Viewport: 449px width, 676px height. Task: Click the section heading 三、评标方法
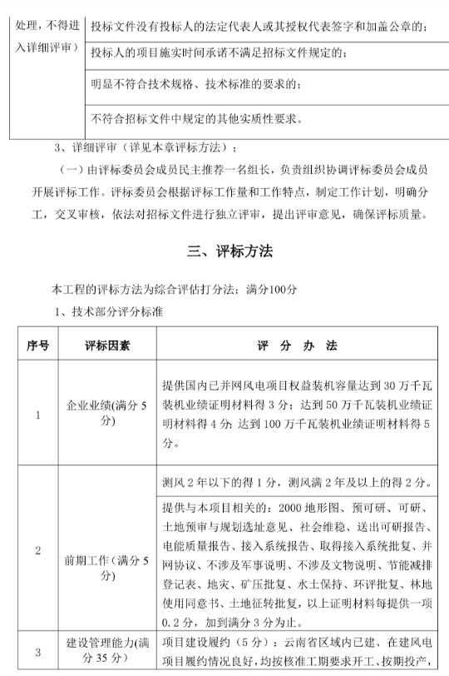click(x=224, y=251)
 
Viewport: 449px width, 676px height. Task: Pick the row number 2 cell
click(x=38, y=551)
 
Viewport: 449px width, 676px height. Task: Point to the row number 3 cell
click(x=38, y=653)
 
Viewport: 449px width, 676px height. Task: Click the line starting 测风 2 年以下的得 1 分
click(x=294, y=480)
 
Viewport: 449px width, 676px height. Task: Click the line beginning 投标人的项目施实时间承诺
click(x=221, y=54)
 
